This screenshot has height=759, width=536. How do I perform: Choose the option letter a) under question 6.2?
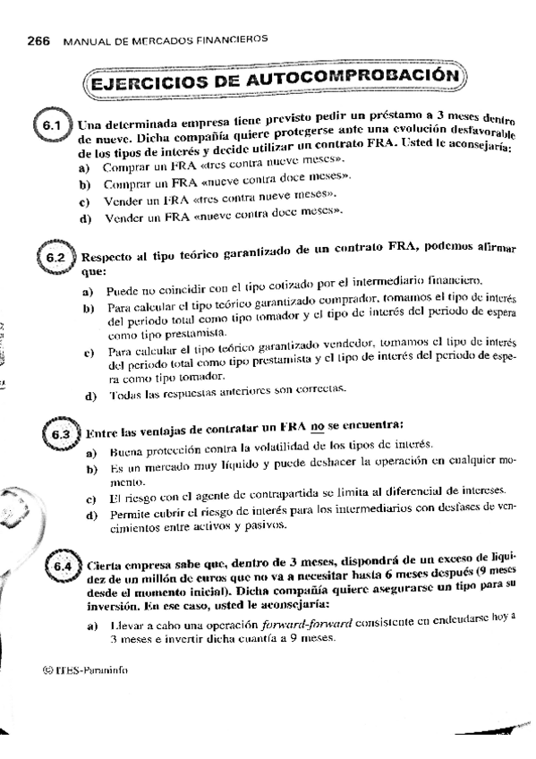pos(89,292)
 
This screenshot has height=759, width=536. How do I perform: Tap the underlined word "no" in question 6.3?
pos(317,423)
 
